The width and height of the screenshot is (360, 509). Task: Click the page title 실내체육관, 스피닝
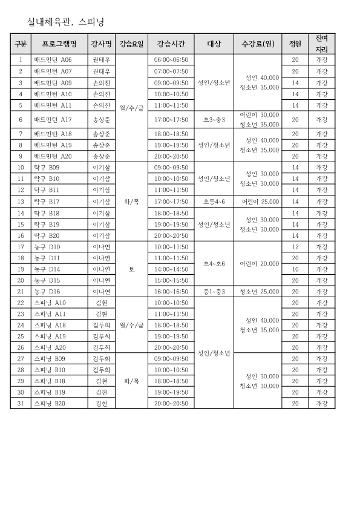(x=66, y=22)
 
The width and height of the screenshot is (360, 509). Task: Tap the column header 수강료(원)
(x=258, y=44)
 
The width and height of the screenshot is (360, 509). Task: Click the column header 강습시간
(x=171, y=44)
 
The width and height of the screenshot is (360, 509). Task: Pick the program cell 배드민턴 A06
(x=53, y=60)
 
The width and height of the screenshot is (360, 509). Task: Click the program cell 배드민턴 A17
(x=53, y=120)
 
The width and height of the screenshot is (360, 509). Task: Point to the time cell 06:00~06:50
(x=171, y=60)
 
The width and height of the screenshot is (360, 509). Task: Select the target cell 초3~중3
(x=214, y=120)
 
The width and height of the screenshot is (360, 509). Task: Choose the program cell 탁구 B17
(x=47, y=202)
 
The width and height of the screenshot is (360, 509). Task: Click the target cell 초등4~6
(x=214, y=202)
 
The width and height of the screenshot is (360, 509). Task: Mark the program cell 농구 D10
(x=47, y=247)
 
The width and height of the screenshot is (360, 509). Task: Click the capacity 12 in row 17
(x=295, y=247)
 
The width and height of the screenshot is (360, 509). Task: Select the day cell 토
(x=132, y=269)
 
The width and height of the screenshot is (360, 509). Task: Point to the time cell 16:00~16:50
(x=171, y=292)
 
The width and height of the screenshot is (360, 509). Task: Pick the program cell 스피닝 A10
(x=50, y=303)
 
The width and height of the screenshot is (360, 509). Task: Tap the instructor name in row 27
(x=101, y=358)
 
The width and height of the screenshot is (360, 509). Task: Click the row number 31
(x=21, y=403)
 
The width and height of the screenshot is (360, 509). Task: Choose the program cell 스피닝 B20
(x=50, y=403)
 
